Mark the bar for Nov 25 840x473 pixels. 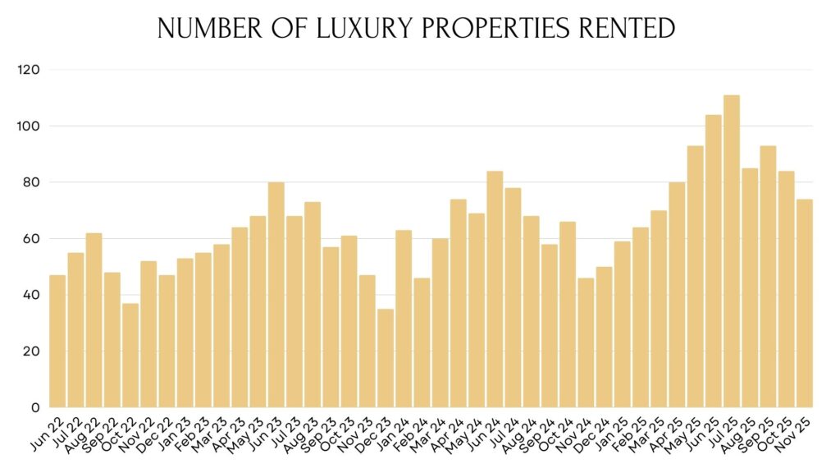[x=805, y=303]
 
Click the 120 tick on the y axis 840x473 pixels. [x=29, y=71]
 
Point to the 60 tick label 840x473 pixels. [x=31, y=239]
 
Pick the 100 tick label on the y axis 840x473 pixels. [x=29, y=126]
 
